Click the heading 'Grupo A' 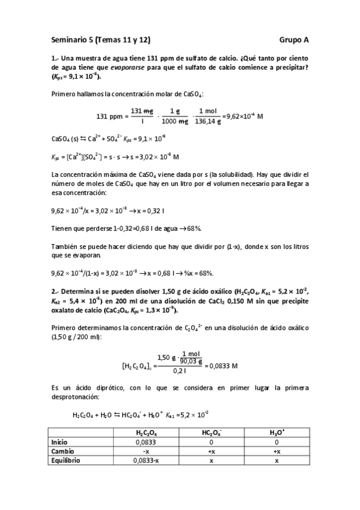pos(294,40)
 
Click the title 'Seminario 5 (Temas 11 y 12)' pos(100,40)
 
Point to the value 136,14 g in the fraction pos(206,121)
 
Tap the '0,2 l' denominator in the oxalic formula pos(178,371)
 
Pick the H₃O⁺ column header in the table pos(276,433)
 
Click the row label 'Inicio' pos(61,442)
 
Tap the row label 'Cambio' pos(64,451)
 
